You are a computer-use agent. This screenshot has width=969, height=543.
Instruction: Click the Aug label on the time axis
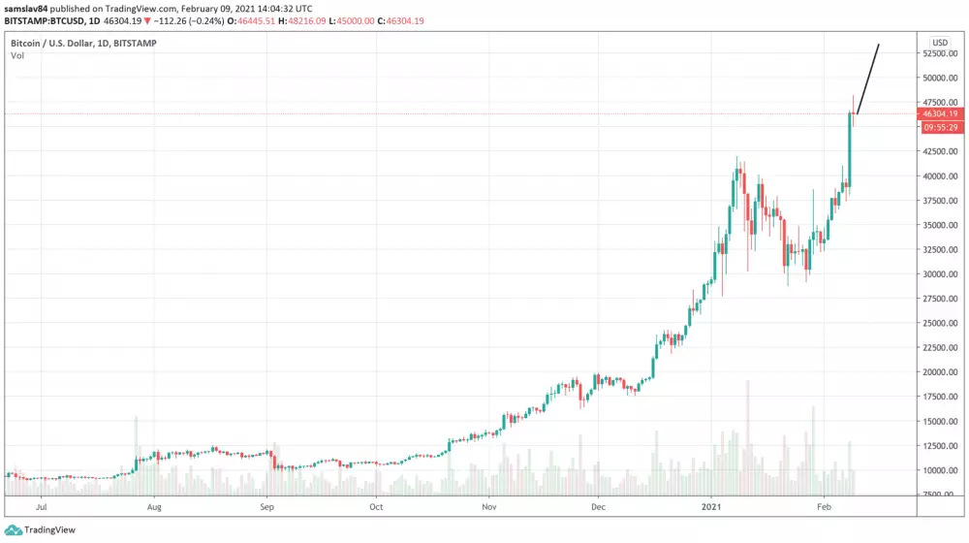pyautogui.click(x=154, y=506)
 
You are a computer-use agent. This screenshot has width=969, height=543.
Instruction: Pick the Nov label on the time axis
pyautogui.click(x=489, y=506)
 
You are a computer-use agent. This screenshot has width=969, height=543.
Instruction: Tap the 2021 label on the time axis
pyautogui.click(x=710, y=506)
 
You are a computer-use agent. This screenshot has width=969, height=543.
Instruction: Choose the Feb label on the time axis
pyautogui.click(x=825, y=506)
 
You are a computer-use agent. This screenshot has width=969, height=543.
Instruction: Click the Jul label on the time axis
pyautogui.click(x=42, y=506)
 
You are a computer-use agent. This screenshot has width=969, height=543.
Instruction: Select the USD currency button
pyautogui.click(x=939, y=43)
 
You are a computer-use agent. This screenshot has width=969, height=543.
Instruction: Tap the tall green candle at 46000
pyautogui.click(x=850, y=145)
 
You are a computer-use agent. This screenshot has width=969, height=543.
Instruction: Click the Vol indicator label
pyautogui.click(x=17, y=56)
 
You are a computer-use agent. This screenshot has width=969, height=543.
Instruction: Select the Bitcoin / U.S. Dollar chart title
pyautogui.click(x=83, y=44)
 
